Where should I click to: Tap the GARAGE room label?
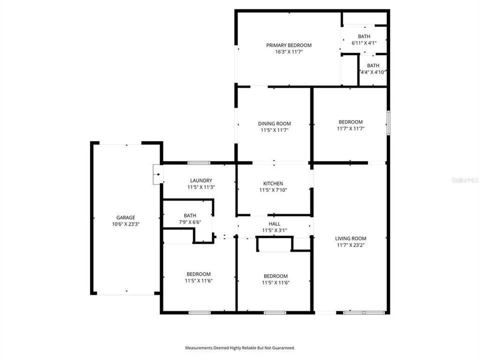point(125,217)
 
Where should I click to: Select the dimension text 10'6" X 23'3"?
point(125,224)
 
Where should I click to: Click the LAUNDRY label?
point(201,180)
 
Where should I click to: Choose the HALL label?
point(274,223)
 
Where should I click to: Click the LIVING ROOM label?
point(350,238)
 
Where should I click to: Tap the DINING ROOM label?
point(274,123)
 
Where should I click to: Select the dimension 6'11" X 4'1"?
point(364,43)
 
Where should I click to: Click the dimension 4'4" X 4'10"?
point(373,72)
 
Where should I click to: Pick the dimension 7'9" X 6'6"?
point(189,222)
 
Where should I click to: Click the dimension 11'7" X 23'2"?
point(350,245)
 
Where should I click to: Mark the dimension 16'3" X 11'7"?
point(289,51)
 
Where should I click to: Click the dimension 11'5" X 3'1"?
point(274,230)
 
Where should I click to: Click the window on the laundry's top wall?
point(199,162)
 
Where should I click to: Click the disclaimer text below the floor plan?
point(240,347)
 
